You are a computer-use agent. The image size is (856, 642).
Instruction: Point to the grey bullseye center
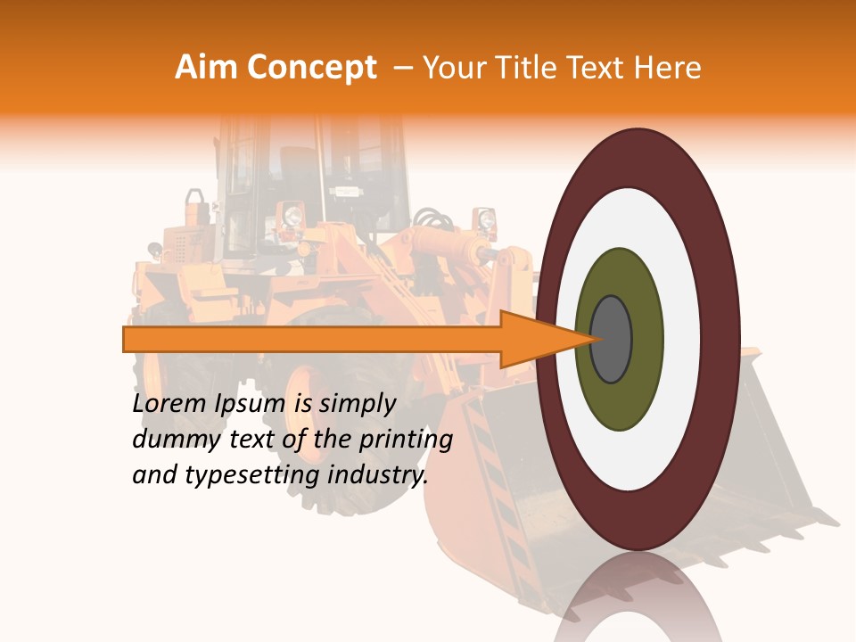coord(612,340)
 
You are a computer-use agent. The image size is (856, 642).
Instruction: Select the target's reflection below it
coord(638,597)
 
